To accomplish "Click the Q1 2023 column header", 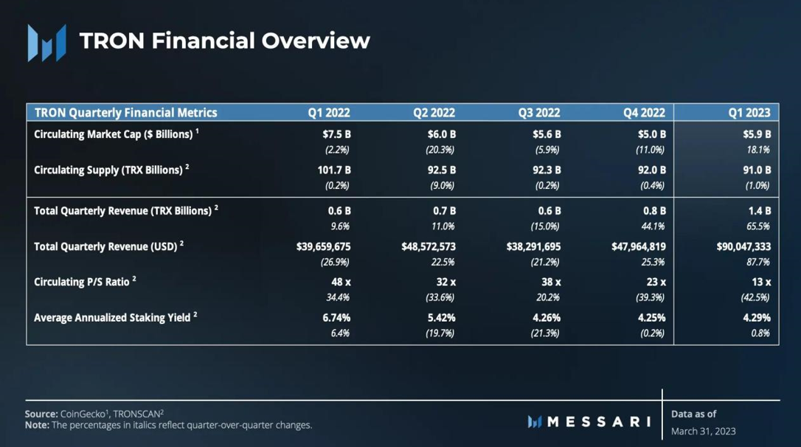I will point(749,112).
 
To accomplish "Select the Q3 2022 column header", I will point(538,112).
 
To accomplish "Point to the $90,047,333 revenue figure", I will point(743,246).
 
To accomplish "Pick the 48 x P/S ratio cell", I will point(340,282).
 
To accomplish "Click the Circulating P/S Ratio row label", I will point(85,281).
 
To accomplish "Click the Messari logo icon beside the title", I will point(46,42).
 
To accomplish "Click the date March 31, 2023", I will point(703,431).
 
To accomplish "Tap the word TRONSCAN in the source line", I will point(136,414).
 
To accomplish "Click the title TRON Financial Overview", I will point(224,41).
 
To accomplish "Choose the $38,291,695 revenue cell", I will point(534,246).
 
